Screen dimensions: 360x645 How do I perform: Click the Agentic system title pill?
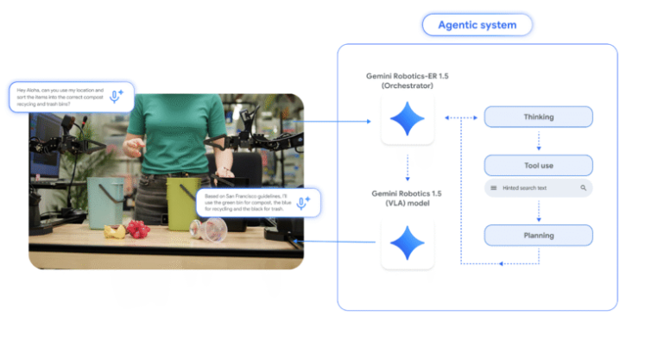tap(477, 25)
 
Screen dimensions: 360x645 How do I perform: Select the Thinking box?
tap(538, 117)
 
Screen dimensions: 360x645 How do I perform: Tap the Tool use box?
tap(538, 165)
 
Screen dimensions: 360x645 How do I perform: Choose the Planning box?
tap(538, 235)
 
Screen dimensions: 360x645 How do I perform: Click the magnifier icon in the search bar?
tap(583, 187)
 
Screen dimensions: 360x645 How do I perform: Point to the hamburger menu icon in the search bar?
tap(493, 187)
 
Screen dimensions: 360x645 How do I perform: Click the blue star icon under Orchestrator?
tap(407, 121)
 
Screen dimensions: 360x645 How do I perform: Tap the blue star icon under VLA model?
tap(407, 243)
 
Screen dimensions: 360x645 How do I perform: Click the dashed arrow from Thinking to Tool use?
tap(538, 141)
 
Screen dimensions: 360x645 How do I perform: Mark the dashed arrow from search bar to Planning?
tap(538, 211)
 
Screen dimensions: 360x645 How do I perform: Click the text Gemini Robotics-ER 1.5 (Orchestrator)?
tap(407, 81)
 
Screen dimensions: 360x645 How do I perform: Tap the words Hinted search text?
tap(531, 187)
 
